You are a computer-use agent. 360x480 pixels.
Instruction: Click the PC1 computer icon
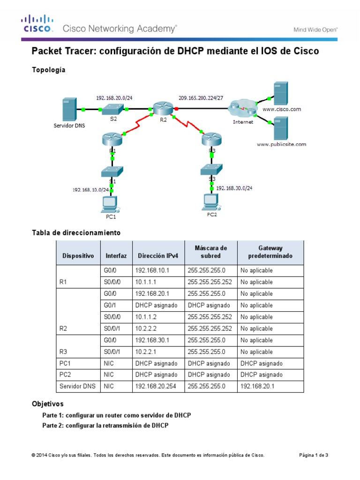(x=110, y=203)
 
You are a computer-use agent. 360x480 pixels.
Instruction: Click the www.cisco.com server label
(x=282, y=109)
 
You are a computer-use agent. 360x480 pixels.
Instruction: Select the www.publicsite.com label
(x=281, y=144)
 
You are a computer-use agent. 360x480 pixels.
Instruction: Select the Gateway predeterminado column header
(x=270, y=252)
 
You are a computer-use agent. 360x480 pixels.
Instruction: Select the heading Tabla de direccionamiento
(x=76, y=232)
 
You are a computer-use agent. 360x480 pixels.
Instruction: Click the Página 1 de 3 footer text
(x=314, y=455)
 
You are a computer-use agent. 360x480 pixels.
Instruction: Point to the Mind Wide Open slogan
(x=315, y=30)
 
